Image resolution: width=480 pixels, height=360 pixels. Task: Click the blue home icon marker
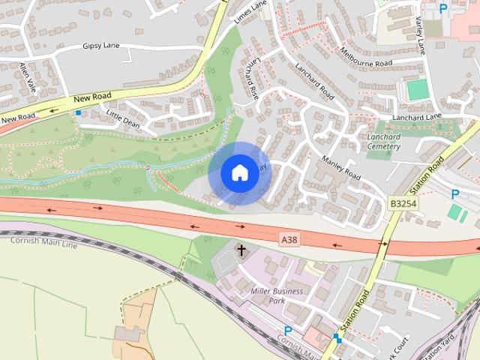point(239,172)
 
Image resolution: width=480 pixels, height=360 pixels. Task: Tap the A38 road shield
point(289,239)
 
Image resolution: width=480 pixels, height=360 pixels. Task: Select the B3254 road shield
point(403,203)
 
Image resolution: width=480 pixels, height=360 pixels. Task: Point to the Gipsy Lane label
point(101,46)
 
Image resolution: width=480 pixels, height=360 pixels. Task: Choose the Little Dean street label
point(123,118)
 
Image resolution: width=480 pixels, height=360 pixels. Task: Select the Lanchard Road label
point(314,81)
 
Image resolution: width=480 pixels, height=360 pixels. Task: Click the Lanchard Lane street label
point(417,117)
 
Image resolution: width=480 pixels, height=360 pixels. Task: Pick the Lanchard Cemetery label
point(383,142)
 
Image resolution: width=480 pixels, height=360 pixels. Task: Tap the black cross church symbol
point(241,250)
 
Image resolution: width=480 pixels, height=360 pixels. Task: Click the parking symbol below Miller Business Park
point(287,331)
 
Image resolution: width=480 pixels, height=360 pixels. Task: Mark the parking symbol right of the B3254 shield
point(454,193)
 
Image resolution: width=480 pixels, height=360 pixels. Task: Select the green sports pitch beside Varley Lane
point(418,90)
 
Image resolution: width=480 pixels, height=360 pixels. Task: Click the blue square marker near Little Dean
point(78,112)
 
